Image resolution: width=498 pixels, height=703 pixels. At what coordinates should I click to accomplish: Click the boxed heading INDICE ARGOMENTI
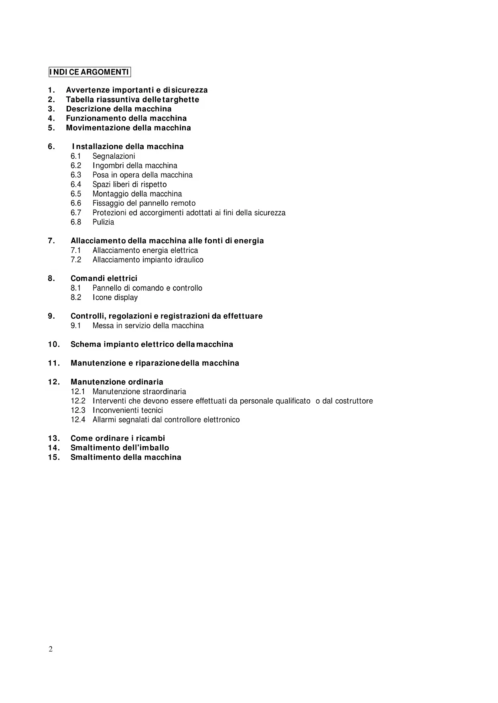(89, 72)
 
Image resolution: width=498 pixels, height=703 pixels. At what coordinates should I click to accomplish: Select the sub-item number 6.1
(76, 156)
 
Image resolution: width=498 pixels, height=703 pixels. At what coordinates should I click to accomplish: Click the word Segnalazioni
(114, 156)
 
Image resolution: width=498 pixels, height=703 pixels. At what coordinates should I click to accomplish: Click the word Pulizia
(103, 222)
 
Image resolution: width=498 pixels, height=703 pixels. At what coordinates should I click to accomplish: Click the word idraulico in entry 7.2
(189, 260)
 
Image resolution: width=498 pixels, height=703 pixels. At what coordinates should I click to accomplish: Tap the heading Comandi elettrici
(104, 279)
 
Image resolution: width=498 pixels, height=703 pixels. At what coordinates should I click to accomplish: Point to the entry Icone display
(115, 297)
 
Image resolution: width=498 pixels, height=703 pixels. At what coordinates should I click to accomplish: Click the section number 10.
(54, 344)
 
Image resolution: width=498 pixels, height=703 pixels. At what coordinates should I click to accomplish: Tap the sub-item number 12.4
(78, 420)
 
